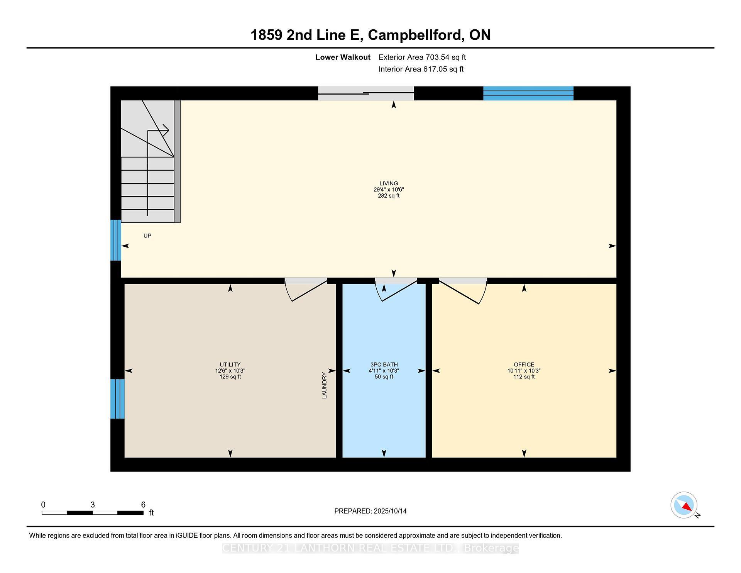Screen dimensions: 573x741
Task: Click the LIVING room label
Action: pyautogui.click(x=388, y=184)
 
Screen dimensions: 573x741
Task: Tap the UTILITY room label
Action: pyautogui.click(x=230, y=364)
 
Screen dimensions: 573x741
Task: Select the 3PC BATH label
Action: pyautogui.click(x=384, y=364)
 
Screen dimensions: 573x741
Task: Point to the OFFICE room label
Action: pyautogui.click(x=524, y=364)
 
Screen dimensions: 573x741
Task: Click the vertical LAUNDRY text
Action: pyautogui.click(x=324, y=385)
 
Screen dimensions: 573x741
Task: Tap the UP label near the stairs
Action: pyautogui.click(x=147, y=236)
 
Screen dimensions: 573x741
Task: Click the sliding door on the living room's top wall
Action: pyautogui.click(x=365, y=93)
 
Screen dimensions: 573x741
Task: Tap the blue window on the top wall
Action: pyautogui.click(x=528, y=93)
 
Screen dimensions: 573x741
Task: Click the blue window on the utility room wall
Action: pyautogui.click(x=117, y=399)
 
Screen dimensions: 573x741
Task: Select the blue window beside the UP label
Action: pyautogui.click(x=116, y=240)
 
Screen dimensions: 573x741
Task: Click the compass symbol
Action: pyautogui.click(x=684, y=505)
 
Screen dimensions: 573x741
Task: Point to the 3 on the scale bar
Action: pyautogui.click(x=93, y=505)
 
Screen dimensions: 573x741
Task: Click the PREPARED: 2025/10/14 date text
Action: pyautogui.click(x=370, y=511)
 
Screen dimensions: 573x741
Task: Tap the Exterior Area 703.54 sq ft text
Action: pyautogui.click(x=422, y=57)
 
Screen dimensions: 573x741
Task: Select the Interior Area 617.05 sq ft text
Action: pyautogui.click(x=421, y=69)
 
